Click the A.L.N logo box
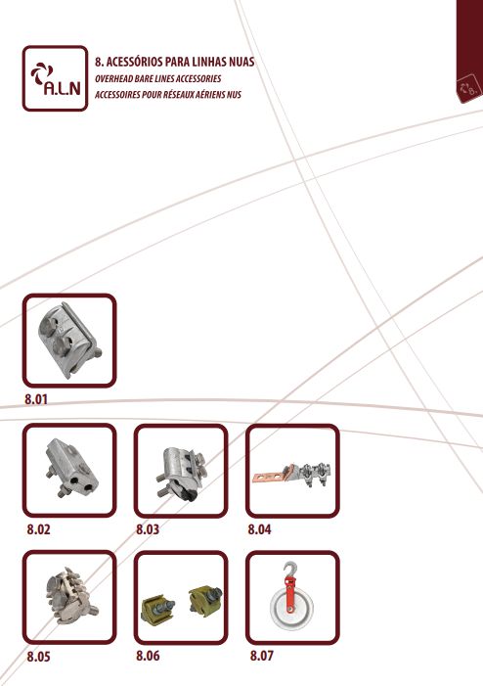pos(55,78)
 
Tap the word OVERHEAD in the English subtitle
pos(110,78)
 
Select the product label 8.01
pos(36,399)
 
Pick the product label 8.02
pos(38,529)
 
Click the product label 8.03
pos(148,529)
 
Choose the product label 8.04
pos(259,529)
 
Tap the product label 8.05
pos(38,657)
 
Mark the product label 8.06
pos(148,656)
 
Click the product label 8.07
pos(262,656)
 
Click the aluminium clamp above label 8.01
pos(69,341)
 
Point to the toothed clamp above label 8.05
pos(70,594)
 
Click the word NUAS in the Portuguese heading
pos(241,62)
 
